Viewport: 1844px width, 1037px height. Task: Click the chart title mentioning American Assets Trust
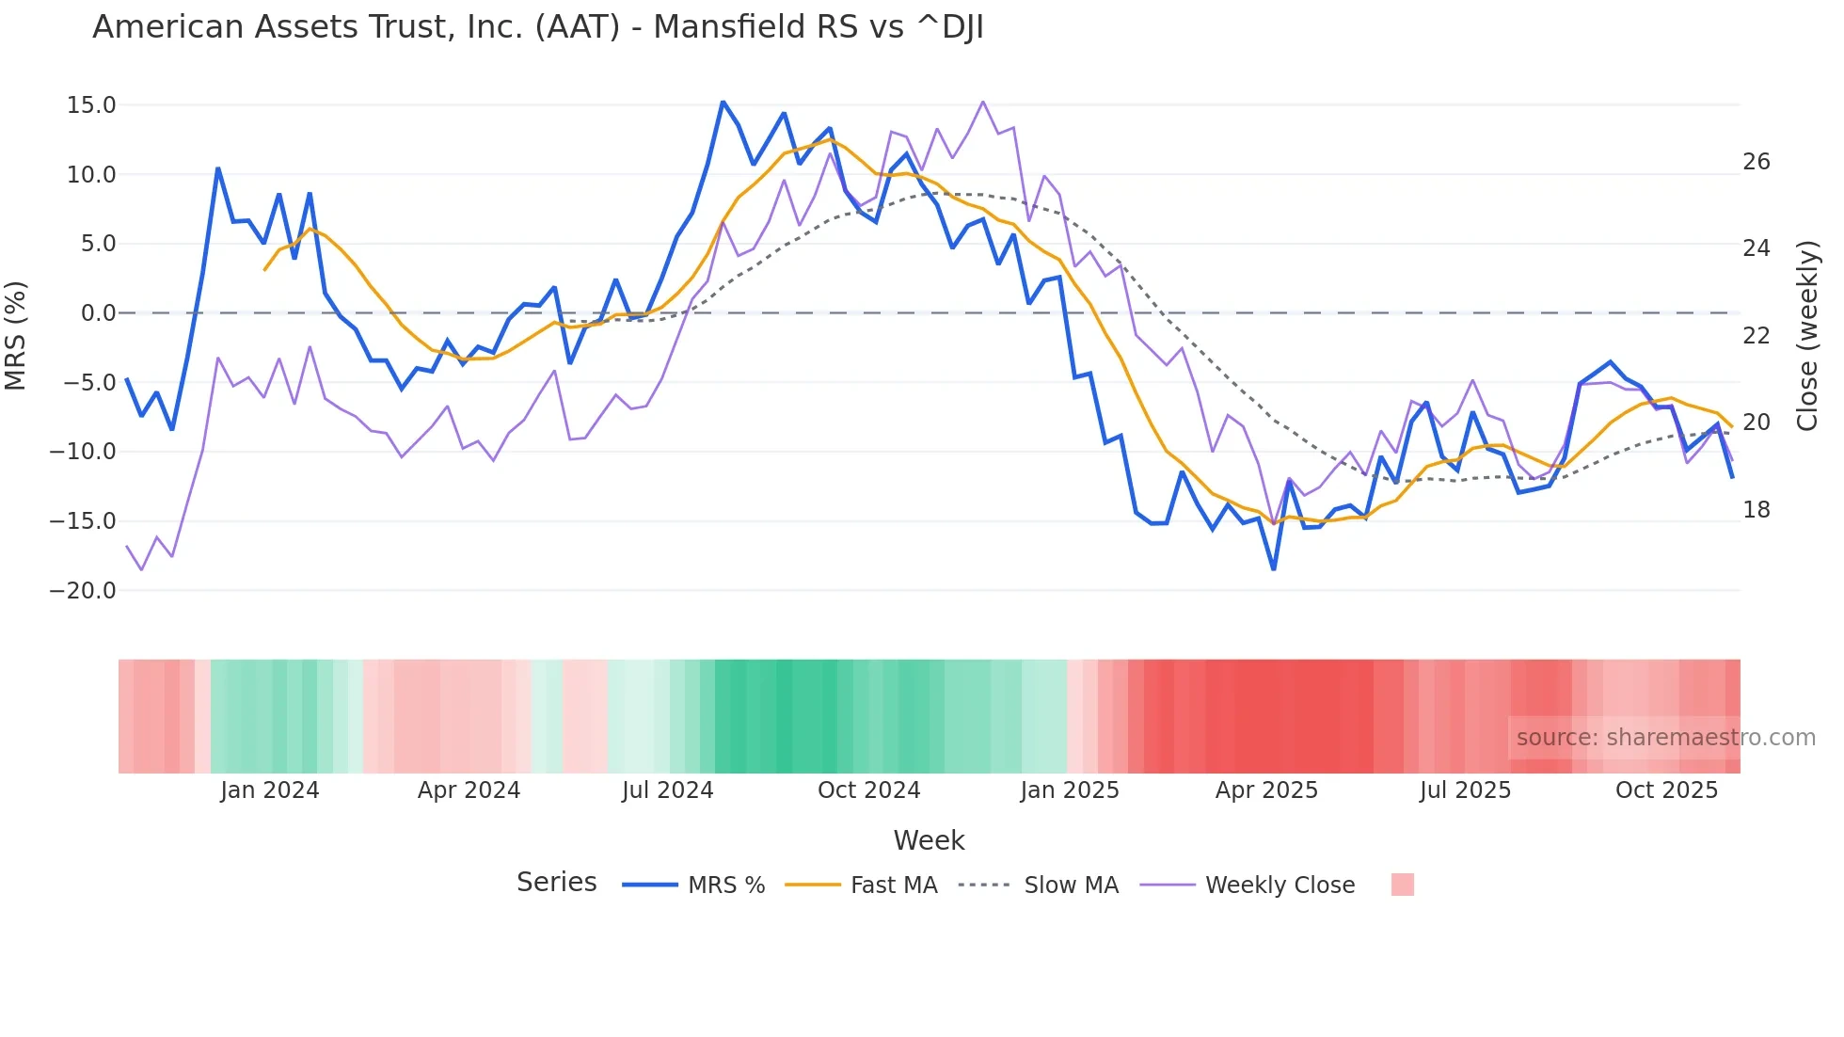[538, 27]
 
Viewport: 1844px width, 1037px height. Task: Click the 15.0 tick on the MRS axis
[91, 105]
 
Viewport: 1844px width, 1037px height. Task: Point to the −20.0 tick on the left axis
[83, 591]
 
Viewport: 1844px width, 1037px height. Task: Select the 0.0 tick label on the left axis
[98, 313]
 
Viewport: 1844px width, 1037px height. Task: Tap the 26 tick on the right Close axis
[1756, 162]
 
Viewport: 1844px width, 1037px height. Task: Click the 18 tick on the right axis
[1756, 510]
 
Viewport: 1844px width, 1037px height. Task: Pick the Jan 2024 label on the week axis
[270, 790]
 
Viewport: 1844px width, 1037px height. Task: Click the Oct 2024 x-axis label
[868, 790]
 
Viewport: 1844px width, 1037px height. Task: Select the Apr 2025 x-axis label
[1266, 790]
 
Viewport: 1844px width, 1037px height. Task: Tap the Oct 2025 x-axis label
[1666, 790]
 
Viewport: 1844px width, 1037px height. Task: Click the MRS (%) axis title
[16, 336]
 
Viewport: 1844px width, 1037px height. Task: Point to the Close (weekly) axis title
[1807, 336]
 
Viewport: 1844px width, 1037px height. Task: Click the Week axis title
[929, 840]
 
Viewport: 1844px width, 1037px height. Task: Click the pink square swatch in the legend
[1402, 885]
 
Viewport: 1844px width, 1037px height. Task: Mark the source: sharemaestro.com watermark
[1665, 738]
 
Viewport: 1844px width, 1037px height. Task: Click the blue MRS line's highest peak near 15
[723, 102]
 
